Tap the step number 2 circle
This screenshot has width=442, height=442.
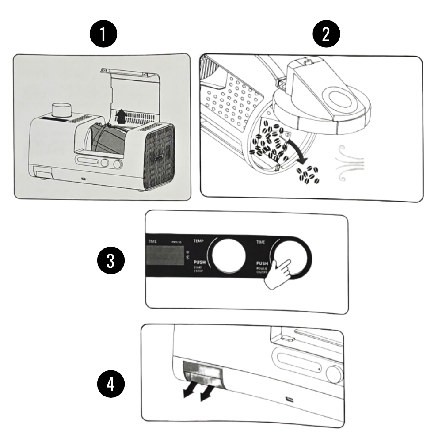pos(326,35)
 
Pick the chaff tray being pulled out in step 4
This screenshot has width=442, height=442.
pos(203,373)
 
